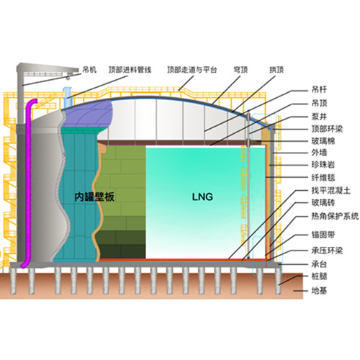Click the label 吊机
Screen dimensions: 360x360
point(89,70)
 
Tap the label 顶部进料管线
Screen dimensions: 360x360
point(130,70)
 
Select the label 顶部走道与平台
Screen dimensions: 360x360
point(192,70)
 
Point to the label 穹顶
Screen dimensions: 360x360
point(240,70)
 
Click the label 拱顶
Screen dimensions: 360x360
point(276,70)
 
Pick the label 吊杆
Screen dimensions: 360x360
point(319,90)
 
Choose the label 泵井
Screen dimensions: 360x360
point(319,117)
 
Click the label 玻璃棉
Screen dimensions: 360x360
point(323,141)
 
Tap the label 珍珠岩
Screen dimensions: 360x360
point(323,165)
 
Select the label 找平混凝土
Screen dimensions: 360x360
point(331,191)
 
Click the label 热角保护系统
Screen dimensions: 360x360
point(335,216)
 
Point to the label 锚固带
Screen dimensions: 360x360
point(323,235)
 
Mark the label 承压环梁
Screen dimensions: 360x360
point(327,251)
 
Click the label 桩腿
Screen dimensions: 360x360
point(319,276)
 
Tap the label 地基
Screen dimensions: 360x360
point(319,291)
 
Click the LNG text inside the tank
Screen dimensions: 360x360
point(202,197)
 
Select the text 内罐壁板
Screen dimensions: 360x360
point(94,197)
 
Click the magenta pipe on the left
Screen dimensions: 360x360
point(28,182)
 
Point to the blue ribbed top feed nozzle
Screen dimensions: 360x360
point(67,98)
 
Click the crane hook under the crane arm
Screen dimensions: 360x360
point(68,77)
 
